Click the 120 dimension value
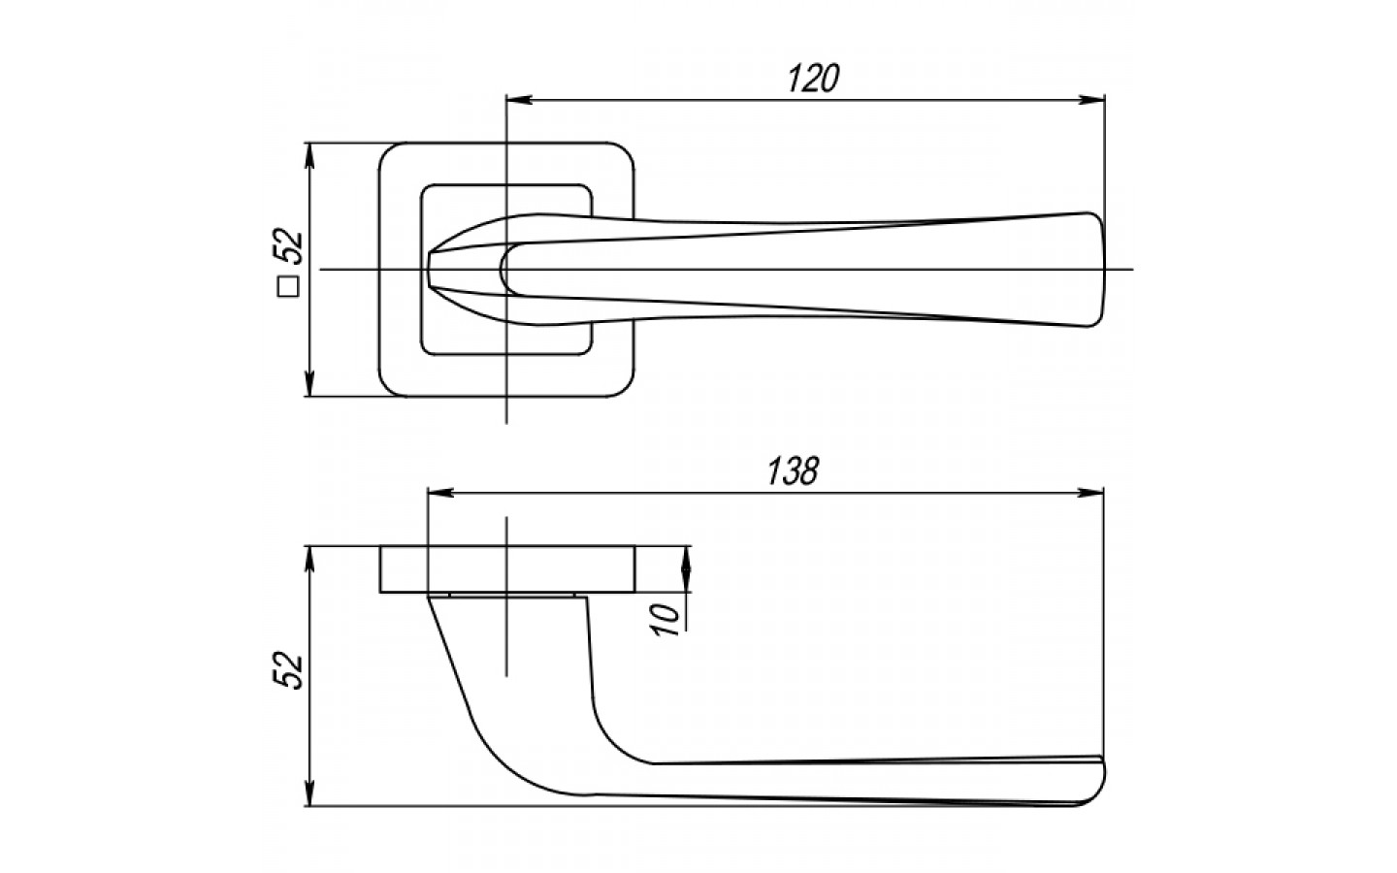click(x=814, y=79)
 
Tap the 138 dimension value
click(x=792, y=470)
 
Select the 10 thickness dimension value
click(x=666, y=620)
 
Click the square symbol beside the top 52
click(x=289, y=286)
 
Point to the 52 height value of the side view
click(x=288, y=670)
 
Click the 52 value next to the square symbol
click(x=288, y=248)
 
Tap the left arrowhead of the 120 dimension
click(x=519, y=100)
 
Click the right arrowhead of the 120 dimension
click(x=1091, y=100)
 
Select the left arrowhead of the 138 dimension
click(x=440, y=493)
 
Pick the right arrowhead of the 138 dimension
click(x=1090, y=493)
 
